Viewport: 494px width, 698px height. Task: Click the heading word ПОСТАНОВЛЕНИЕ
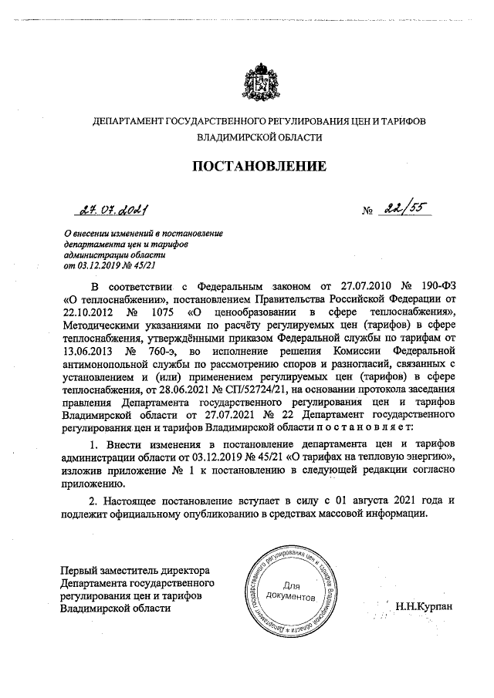click(x=259, y=165)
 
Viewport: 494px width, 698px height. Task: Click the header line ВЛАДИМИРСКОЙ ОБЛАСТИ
click(x=260, y=138)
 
